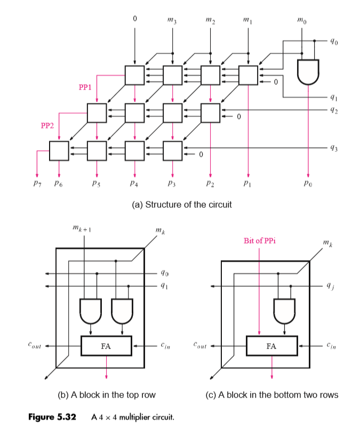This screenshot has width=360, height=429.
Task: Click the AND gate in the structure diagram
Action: (x=308, y=72)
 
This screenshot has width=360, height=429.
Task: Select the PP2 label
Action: (x=47, y=126)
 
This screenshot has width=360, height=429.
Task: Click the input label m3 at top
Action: (x=172, y=20)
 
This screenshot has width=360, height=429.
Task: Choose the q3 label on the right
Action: (x=334, y=149)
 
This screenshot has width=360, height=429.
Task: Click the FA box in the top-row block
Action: (x=106, y=346)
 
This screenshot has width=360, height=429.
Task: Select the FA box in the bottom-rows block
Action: (x=271, y=346)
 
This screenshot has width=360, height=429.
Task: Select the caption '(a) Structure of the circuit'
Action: (x=181, y=205)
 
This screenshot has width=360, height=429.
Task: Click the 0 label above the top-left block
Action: (x=134, y=19)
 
